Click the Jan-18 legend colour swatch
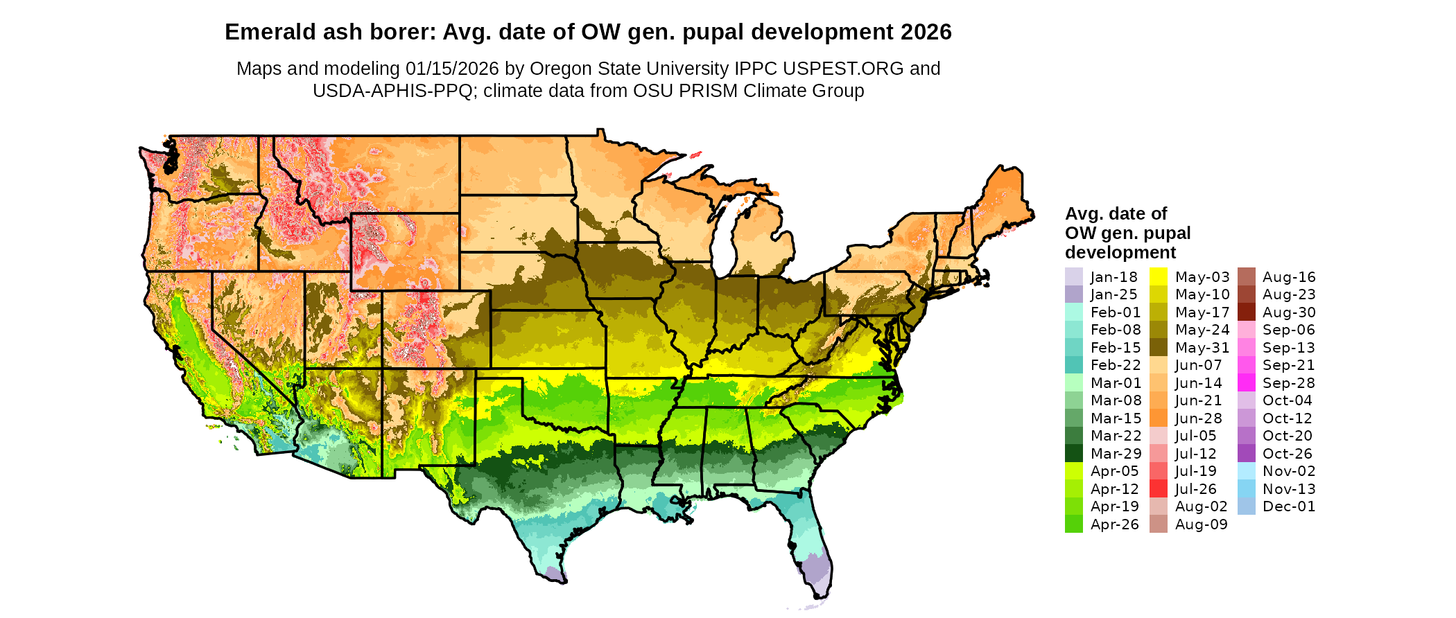[1073, 276]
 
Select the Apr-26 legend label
[1114, 524]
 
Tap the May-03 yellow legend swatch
[1158, 276]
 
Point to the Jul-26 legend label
[1195, 489]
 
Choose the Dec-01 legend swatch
[1246, 506]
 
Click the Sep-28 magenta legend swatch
[1246, 383]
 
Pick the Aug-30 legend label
[1289, 312]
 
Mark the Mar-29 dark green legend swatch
[1073, 454]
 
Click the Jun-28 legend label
[1198, 418]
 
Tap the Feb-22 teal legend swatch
[1073, 365]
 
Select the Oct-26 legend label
[1288, 454]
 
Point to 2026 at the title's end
[926, 33]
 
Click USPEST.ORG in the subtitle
[843, 69]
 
